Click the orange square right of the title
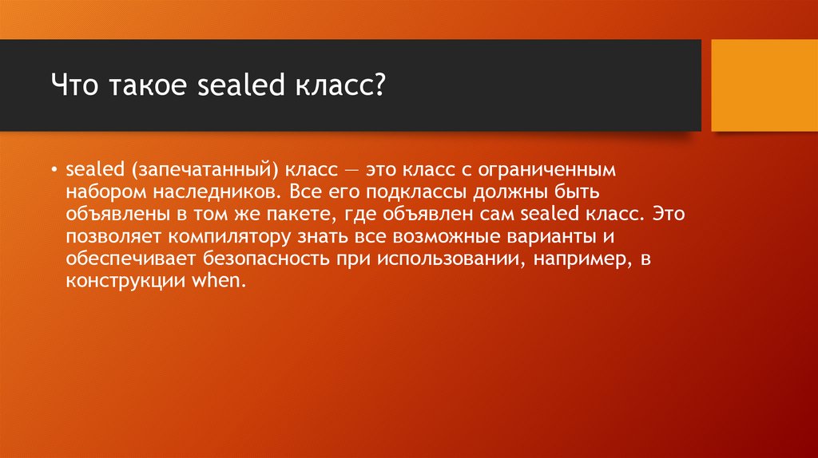(764, 85)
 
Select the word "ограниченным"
(524, 171)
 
